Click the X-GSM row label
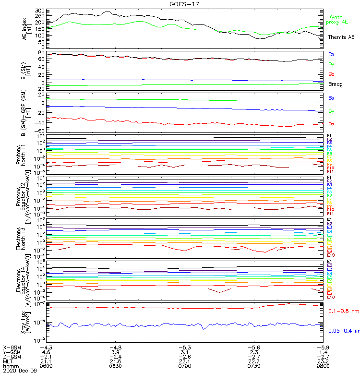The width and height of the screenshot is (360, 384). [12, 347]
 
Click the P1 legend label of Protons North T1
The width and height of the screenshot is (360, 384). [330, 135]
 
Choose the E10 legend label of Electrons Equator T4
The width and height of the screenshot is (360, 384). [331, 297]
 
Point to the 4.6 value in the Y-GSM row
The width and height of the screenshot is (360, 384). [47, 352]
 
